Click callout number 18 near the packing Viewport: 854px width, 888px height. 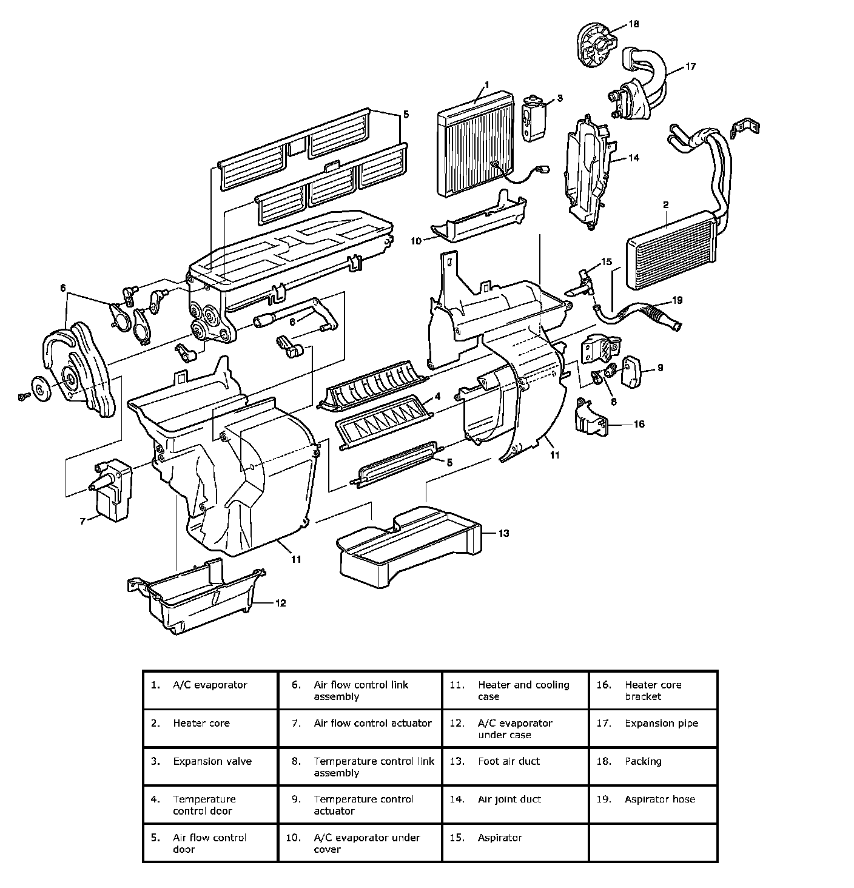(x=634, y=24)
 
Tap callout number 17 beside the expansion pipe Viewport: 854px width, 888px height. (x=691, y=67)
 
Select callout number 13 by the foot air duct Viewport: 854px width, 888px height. (x=503, y=533)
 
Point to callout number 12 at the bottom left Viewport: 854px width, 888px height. (x=280, y=603)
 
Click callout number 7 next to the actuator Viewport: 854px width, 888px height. (x=83, y=520)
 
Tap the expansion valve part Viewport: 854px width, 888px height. (x=534, y=118)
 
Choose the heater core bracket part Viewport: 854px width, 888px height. (x=591, y=418)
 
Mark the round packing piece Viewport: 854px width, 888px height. (x=595, y=43)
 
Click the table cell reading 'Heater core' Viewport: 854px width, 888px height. (x=201, y=723)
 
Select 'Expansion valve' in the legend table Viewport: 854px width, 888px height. (x=212, y=761)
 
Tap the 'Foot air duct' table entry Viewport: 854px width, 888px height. (x=508, y=761)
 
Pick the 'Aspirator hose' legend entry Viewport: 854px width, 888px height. (x=660, y=799)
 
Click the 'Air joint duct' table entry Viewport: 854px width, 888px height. (x=509, y=799)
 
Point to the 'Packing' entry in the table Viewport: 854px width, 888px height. (x=643, y=761)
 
